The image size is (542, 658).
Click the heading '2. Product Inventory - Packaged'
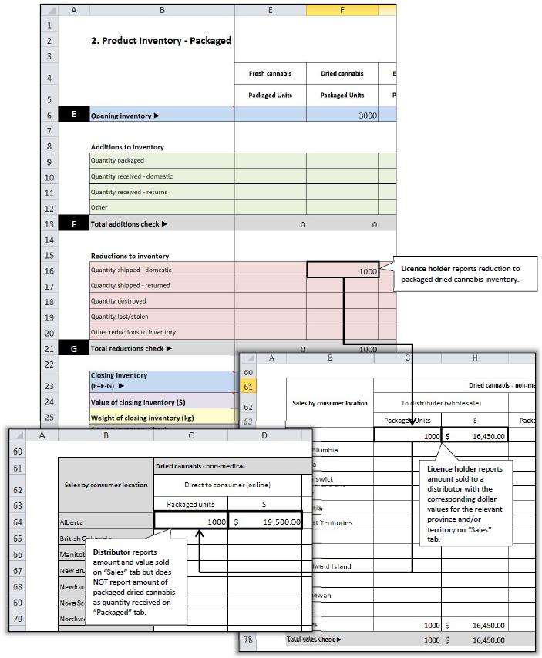coord(161,41)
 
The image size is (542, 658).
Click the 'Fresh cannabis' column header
coord(270,74)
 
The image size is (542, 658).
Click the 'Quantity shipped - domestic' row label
coord(131,270)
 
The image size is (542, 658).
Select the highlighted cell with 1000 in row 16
coord(342,270)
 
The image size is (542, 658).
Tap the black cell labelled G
coord(73,348)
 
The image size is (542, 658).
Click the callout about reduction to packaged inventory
coord(460,274)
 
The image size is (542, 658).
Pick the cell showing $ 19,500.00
coord(264,522)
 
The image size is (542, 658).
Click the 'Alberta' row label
coord(74,522)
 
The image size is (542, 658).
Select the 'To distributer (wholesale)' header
coord(406,401)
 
